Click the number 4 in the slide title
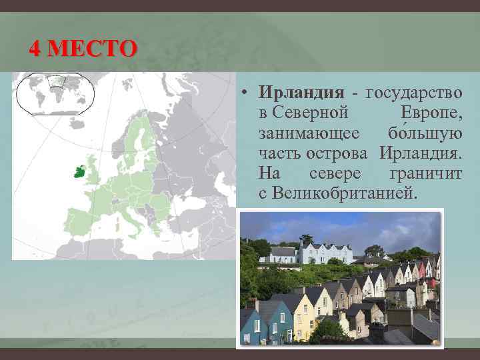(35, 49)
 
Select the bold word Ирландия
(301, 92)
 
